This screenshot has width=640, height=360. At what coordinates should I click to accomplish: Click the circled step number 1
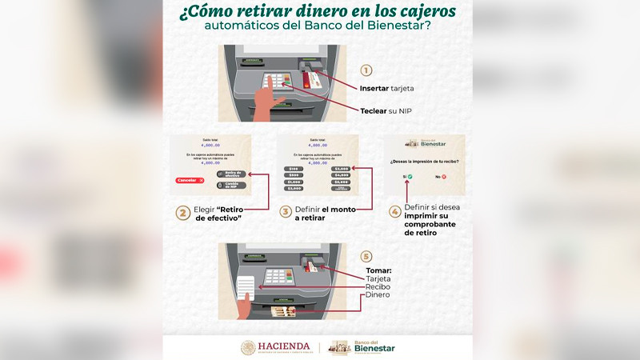[366, 70]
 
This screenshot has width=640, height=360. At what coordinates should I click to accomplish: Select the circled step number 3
[286, 213]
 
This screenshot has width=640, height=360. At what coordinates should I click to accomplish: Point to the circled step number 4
[394, 213]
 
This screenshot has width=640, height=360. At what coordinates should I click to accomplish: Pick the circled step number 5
[366, 256]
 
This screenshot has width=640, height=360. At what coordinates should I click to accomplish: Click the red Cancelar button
[190, 180]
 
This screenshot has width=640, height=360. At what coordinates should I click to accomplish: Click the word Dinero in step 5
[377, 295]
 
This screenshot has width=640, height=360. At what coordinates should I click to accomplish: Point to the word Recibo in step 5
[377, 286]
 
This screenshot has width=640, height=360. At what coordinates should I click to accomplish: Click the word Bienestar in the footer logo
[374, 349]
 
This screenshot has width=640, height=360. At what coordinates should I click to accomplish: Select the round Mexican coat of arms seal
[249, 347]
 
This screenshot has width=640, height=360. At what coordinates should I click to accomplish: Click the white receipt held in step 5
[247, 286]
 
